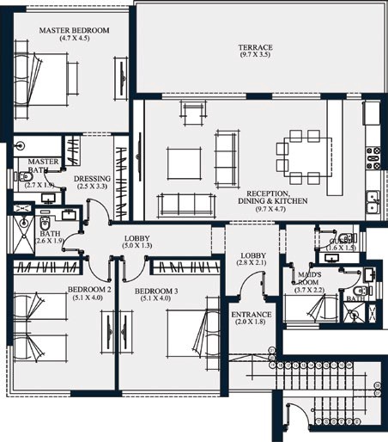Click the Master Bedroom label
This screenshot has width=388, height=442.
pyautogui.click(x=75, y=31)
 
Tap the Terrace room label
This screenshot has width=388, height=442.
pyautogui.click(x=254, y=47)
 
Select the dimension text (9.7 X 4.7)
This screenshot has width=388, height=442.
pyautogui.click(x=272, y=208)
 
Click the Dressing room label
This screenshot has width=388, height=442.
pyautogui.click(x=92, y=178)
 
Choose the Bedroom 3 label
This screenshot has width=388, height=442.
pyautogui.click(x=157, y=292)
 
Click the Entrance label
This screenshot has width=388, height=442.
pyautogui.click(x=252, y=315)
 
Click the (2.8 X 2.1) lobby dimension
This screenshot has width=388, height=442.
pyautogui.click(x=252, y=264)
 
